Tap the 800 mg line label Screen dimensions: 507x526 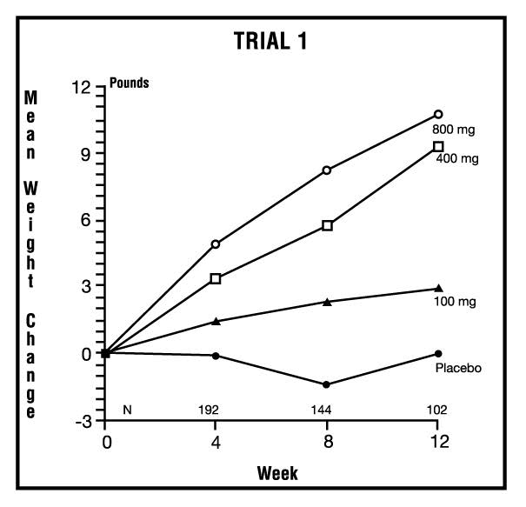click(458, 130)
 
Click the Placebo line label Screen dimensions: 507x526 click(459, 368)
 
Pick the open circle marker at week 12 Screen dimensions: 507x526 click(438, 114)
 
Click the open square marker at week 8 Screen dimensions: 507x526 click(327, 225)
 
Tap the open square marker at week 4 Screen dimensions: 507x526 click(216, 279)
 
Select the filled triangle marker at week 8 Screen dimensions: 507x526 click(327, 302)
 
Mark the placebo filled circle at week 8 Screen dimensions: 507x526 click(327, 384)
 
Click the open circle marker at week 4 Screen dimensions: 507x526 click(216, 244)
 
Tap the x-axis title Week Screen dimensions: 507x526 click(277, 474)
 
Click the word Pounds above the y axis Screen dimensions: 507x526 click(129, 84)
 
